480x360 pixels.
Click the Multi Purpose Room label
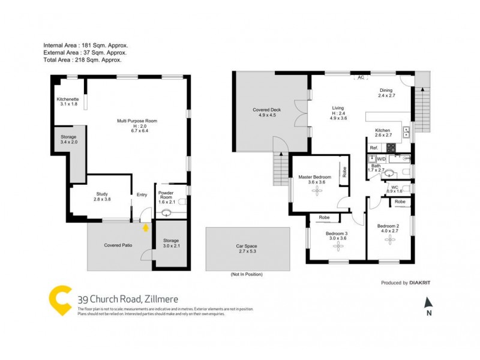[x=137, y=121]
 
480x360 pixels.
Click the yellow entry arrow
[x=145, y=227]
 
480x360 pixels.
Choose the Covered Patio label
[x=118, y=245]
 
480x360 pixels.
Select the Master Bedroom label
[x=315, y=177]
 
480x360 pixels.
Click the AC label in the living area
[x=361, y=77]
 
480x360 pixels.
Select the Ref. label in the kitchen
[x=373, y=148]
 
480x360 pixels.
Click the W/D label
[x=381, y=159]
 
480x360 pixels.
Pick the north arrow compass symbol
[x=428, y=304]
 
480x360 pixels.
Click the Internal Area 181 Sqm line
[x=86, y=46]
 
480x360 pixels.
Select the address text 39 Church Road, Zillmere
[x=128, y=298]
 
